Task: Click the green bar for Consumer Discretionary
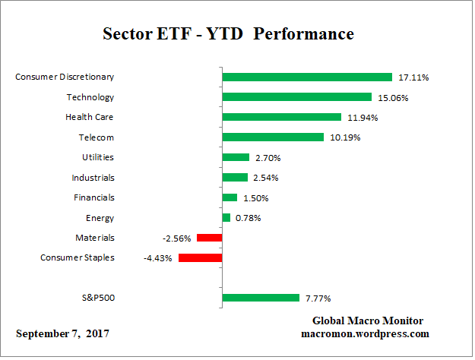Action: pos(307,77)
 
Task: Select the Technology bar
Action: pos(296,97)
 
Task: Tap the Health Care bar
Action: pos(281,117)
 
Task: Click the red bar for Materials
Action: pos(209,238)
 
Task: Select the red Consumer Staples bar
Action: pos(200,257)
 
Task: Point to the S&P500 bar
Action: pos(261,298)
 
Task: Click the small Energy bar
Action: pos(226,218)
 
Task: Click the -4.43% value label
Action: pos(158,258)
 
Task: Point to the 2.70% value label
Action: pos(268,158)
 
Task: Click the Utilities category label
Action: pos(98,157)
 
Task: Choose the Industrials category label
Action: pos(93,177)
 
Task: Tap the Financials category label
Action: pos(95,197)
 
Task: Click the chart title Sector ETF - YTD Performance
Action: pos(228,34)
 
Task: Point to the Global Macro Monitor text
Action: pos(368,321)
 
